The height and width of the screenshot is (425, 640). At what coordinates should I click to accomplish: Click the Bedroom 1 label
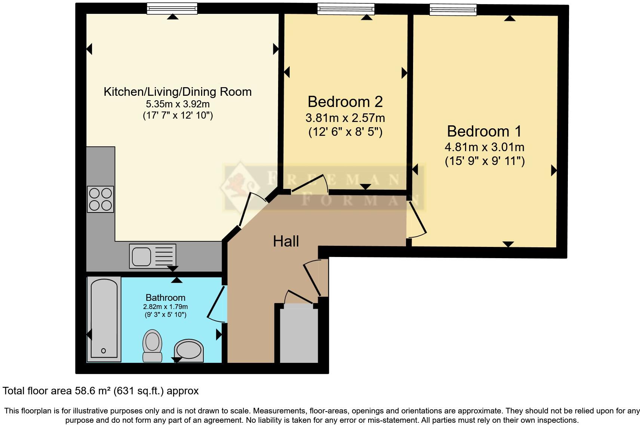(484, 131)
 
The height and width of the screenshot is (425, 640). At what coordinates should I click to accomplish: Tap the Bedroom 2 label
(345, 102)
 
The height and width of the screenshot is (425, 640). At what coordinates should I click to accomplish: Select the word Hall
(286, 241)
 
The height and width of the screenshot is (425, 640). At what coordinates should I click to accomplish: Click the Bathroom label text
(165, 298)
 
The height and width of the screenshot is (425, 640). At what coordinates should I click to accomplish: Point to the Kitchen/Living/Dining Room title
(177, 92)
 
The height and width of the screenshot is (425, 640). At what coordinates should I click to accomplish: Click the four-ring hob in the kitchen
(100, 199)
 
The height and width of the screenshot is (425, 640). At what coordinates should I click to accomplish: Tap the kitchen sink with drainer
(152, 256)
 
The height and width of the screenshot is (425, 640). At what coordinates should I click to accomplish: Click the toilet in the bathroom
(152, 345)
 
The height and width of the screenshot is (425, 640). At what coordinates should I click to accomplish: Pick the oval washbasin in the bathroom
(189, 351)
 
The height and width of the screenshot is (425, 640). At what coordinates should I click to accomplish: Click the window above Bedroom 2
(345, 9)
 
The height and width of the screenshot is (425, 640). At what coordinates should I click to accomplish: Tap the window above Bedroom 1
(453, 9)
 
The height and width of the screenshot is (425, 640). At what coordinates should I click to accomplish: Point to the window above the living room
(172, 8)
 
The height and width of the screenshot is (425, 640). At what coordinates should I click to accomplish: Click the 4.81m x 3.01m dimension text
(484, 147)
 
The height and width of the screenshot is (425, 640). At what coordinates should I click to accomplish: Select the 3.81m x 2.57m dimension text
(345, 118)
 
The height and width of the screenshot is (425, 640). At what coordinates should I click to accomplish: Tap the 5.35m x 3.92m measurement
(178, 104)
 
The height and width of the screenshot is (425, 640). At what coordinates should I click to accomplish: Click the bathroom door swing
(216, 305)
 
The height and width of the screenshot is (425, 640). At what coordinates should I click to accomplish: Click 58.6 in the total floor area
(84, 391)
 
